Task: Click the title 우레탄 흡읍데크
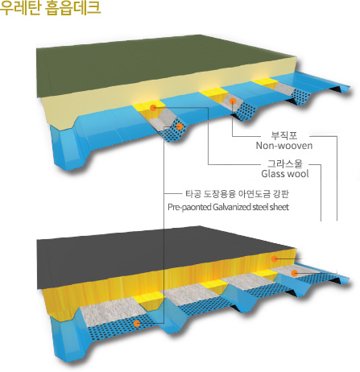coord(50,7)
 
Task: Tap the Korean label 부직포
coord(284,135)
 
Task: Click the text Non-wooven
coord(284,146)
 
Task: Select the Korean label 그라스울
coord(285,163)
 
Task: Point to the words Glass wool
coord(285,174)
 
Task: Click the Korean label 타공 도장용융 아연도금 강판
coord(237,194)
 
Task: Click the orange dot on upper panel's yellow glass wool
coord(153,108)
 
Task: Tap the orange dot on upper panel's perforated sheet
coord(180,126)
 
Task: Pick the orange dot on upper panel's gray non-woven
coord(233,101)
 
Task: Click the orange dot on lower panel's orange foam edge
coord(274,258)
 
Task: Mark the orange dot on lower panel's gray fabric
coord(295,273)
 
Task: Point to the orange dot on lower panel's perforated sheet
coord(137,324)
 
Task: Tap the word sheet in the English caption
coord(279,207)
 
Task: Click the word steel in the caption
coord(260,207)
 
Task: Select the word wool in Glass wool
coord(299,174)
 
